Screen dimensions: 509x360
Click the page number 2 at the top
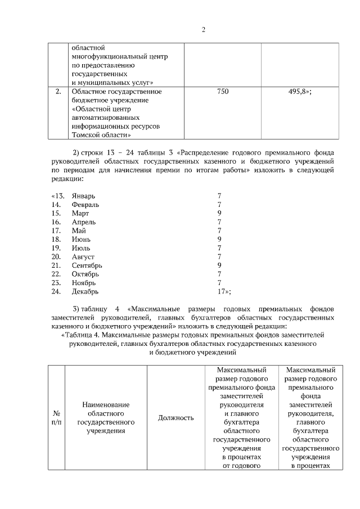coord(204,30)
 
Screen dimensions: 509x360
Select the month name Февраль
coord(85,205)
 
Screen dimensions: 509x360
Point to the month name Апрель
coord(84,222)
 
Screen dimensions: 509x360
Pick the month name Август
coord(83,257)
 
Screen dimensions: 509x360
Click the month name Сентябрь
coord(87,265)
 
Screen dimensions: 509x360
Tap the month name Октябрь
coord(85,274)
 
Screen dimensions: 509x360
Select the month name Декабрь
coord(85,292)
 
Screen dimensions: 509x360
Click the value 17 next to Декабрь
coord(221,292)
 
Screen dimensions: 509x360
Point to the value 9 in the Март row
coord(219,213)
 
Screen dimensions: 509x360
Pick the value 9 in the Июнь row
coord(219,240)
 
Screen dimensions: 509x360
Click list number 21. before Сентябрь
coord(56,265)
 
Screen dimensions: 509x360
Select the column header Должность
coord(175,417)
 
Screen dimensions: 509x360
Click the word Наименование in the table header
coord(106,404)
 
